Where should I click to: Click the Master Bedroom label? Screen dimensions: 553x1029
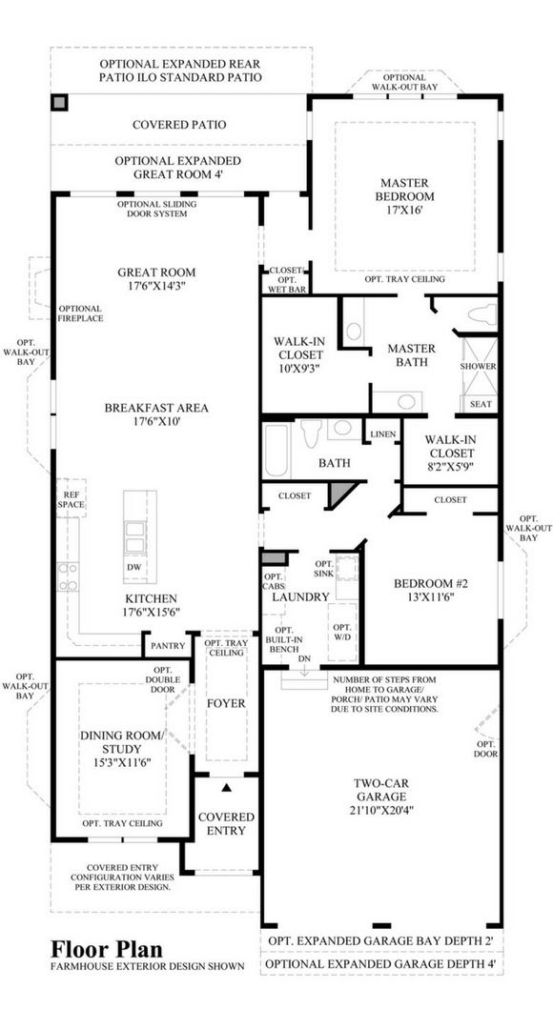pyautogui.click(x=404, y=196)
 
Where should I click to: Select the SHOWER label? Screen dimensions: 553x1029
pyautogui.click(x=478, y=366)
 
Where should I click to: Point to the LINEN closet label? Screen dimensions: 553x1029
pyautogui.click(x=382, y=434)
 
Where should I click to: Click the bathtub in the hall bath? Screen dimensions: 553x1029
pyautogui.click(x=276, y=451)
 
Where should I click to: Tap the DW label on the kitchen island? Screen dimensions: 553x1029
pyautogui.click(x=134, y=567)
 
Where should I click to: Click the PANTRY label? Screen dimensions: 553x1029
pyautogui.click(x=168, y=646)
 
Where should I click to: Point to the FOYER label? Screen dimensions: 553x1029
pyautogui.click(x=226, y=703)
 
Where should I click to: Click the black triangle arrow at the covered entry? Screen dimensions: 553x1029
pyautogui.click(x=227, y=786)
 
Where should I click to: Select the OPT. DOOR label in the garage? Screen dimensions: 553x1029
pyautogui.click(x=486, y=749)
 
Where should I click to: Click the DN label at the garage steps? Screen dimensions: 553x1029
pyautogui.click(x=304, y=658)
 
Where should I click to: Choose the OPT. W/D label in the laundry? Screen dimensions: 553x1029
pyautogui.click(x=342, y=632)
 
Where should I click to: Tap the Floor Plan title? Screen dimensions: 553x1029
pyautogui.click(x=107, y=948)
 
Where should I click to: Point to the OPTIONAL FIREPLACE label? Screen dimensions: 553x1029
pyautogui.click(x=80, y=313)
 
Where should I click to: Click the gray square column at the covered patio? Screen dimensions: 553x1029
pyautogui.click(x=59, y=103)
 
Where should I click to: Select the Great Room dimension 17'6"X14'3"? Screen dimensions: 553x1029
pyautogui.click(x=156, y=286)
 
